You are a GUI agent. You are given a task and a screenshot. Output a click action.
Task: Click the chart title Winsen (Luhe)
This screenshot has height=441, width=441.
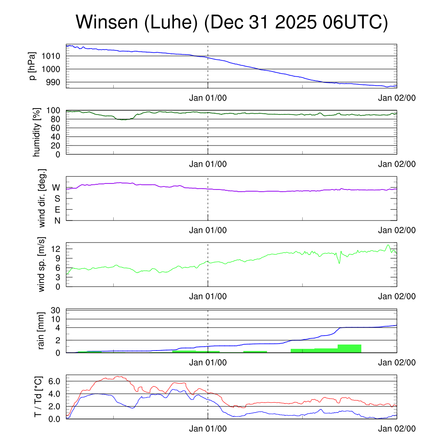pyautogui.click(x=232, y=22)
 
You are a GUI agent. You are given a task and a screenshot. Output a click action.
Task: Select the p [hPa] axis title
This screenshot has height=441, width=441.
pyautogui.click(x=32, y=66)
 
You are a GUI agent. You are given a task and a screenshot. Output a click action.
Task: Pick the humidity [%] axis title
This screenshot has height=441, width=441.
pyautogui.click(x=37, y=132)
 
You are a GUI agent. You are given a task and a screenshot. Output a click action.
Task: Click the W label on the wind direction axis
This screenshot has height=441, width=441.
pyautogui.click(x=56, y=187)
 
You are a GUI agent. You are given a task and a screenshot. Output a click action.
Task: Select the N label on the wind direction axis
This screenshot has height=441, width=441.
pyautogui.click(x=57, y=220)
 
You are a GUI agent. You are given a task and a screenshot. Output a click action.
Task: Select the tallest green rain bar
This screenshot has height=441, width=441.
pyautogui.click(x=349, y=348)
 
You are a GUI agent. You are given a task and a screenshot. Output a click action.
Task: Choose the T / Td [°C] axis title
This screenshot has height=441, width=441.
pyautogui.click(x=38, y=397)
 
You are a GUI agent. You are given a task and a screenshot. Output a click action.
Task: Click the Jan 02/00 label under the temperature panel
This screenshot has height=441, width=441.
pyautogui.click(x=397, y=429)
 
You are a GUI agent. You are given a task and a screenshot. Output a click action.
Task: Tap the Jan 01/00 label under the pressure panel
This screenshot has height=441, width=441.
pyautogui.click(x=208, y=98)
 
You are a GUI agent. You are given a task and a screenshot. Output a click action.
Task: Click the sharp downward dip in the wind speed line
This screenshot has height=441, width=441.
pyautogui.click(x=339, y=262)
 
